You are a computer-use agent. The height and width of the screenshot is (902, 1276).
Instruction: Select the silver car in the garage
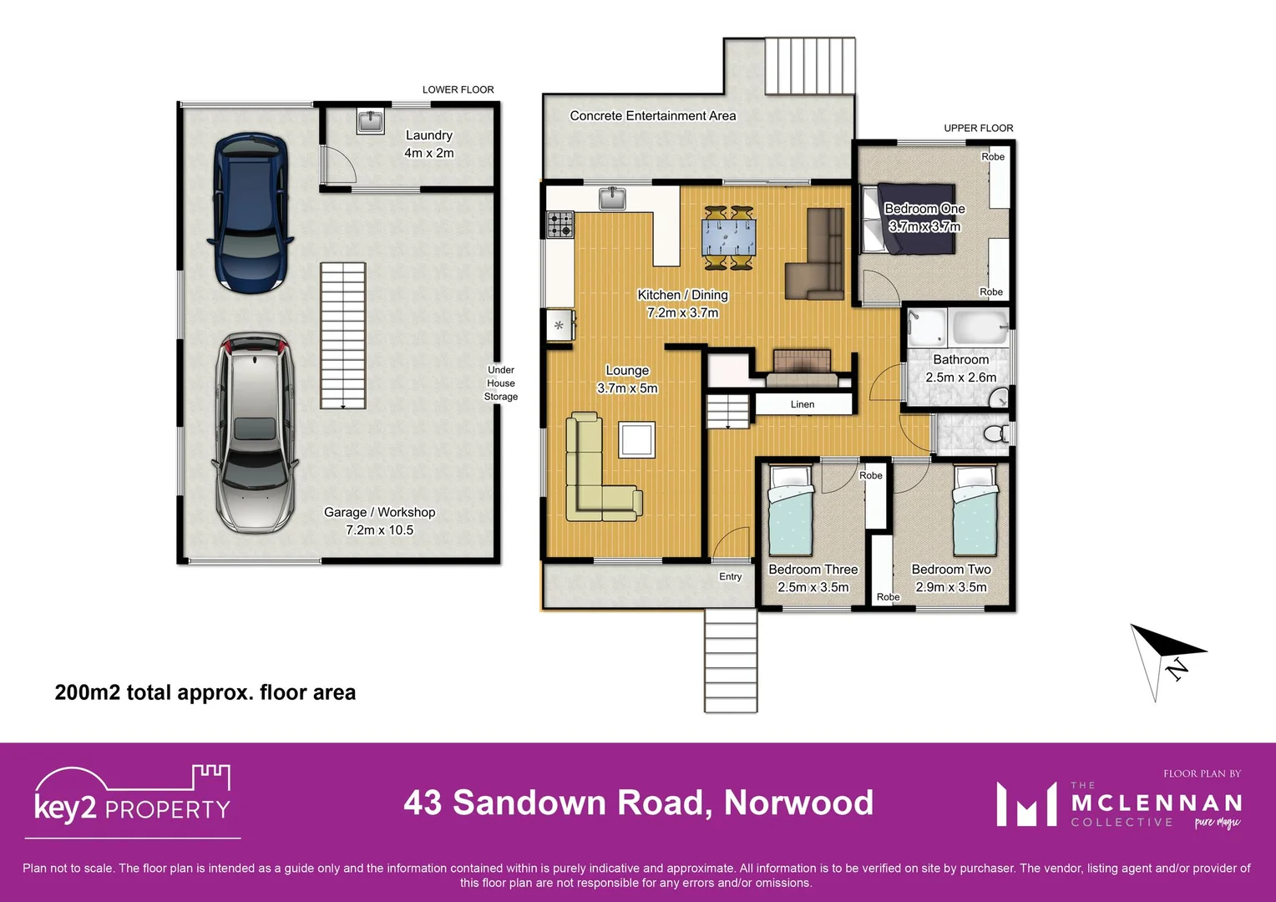(x=255, y=433)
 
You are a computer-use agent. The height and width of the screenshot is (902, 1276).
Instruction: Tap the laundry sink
(x=370, y=122)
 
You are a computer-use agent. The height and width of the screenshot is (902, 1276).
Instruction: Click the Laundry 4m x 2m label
(x=429, y=144)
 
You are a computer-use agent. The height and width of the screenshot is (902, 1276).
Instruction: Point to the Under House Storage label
(x=501, y=383)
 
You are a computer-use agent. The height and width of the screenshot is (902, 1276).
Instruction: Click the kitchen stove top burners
(x=560, y=224)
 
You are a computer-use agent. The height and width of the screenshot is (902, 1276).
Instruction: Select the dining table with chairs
(x=729, y=238)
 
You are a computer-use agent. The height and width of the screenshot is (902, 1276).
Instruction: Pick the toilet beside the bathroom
(x=995, y=433)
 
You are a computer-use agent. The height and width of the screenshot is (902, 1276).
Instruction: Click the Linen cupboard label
(x=803, y=404)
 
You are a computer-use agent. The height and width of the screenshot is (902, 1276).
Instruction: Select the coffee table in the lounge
(x=636, y=439)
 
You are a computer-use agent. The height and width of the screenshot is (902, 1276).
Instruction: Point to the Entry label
(x=731, y=577)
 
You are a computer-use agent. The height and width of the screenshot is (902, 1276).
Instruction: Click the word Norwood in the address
(x=798, y=803)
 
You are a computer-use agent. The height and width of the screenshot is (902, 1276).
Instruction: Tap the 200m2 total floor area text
(x=205, y=692)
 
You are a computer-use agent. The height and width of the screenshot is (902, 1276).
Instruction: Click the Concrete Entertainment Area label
(x=653, y=116)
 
